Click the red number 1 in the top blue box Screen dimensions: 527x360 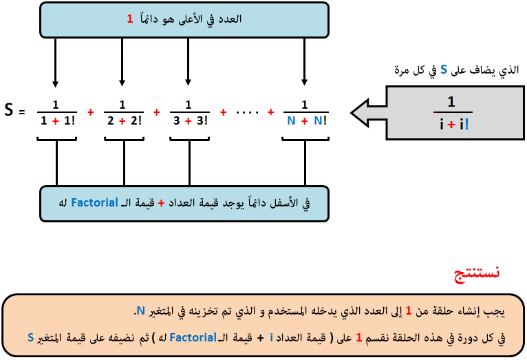point(130,19)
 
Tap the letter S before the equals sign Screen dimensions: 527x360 point(9,110)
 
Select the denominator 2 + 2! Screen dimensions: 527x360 point(125,120)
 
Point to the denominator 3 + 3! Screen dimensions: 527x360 point(191,120)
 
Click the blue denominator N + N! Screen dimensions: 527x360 point(307,120)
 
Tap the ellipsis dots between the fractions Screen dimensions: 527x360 point(247,113)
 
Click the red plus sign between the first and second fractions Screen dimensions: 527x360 point(90,112)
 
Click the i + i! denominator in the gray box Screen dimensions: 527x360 point(454,125)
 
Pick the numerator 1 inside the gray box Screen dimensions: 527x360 point(451,101)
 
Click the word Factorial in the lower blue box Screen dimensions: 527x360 point(94,202)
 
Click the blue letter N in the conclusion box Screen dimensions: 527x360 point(140,311)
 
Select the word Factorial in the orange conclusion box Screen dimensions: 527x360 point(193,337)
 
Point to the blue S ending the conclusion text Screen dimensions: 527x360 point(30,337)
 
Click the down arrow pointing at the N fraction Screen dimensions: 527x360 point(305,62)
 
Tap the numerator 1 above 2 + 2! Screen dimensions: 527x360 point(122,105)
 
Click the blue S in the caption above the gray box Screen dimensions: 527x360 point(444,70)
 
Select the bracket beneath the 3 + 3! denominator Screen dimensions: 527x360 point(190,139)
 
